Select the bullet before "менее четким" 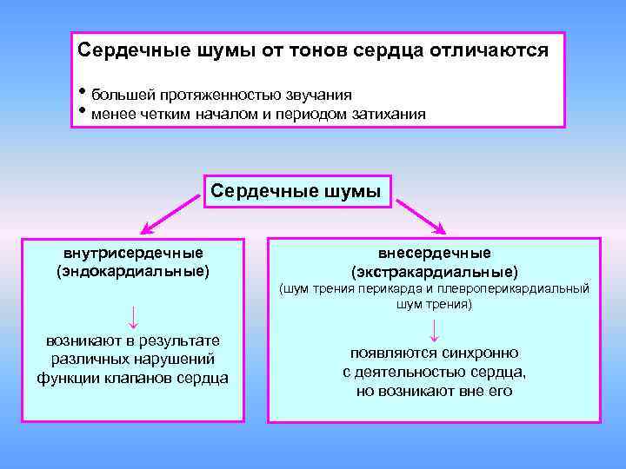(x=83, y=110)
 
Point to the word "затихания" (x=381, y=113)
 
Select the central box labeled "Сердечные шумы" (x=296, y=191)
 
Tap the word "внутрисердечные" (x=133, y=253)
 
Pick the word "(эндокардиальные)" (x=133, y=271)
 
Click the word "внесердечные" (x=434, y=253)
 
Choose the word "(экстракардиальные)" (x=434, y=272)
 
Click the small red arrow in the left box (x=133, y=314)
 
